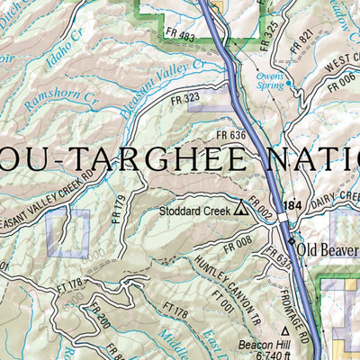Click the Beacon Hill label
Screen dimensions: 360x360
pyautogui.click(x=261, y=344)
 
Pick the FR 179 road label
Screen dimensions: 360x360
pyautogui.click(x=118, y=210)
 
